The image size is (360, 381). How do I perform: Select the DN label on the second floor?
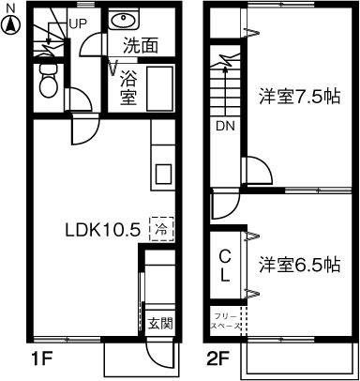[x=225, y=125]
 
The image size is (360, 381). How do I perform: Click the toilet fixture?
[x=48, y=84]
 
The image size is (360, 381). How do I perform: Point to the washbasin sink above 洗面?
[x=122, y=20]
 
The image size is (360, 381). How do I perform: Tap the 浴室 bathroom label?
[x=128, y=86]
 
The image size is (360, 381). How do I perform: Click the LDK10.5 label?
[x=102, y=228]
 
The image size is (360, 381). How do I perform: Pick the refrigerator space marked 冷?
[x=161, y=228]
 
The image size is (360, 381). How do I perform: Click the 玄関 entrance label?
[x=160, y=325]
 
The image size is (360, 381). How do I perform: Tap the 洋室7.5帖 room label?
[x=300, y=96]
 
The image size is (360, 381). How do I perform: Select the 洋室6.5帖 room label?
[x=300, y=265]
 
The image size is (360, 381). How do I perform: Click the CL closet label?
[x=225, y=265]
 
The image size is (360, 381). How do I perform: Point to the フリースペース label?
[x=225, y=322]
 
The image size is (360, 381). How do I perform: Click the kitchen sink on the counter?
[x=161, y=173]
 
